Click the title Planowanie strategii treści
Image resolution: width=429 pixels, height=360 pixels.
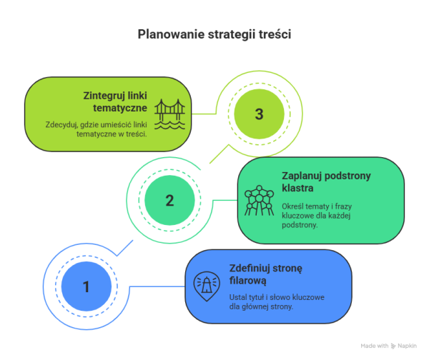pos(214,35)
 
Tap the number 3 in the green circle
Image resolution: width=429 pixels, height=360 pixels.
pos(259,114)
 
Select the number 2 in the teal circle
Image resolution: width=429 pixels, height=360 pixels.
pos(169,201)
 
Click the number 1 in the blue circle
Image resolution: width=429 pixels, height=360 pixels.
pos(87,286)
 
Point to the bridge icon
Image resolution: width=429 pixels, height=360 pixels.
pos(169,114)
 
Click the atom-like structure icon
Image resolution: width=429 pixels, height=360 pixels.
pos(259,201)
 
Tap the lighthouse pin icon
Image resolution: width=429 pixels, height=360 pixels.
pos(207,286)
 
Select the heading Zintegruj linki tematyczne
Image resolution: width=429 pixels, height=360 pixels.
pos(115,101)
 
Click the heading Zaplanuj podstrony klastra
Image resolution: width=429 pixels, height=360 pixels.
pos(326,182)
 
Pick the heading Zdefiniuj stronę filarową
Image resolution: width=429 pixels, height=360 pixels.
pos(266,274)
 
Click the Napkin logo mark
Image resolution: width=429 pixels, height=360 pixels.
pos(393,346)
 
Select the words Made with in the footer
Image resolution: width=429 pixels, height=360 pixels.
pos(375,346)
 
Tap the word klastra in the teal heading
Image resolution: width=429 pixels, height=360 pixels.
pos(297,189)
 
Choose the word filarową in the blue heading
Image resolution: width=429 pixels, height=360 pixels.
pos(247,281)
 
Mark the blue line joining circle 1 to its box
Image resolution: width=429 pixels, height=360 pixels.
pos(157,286)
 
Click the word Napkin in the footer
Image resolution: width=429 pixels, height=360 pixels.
pos(407,346)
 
